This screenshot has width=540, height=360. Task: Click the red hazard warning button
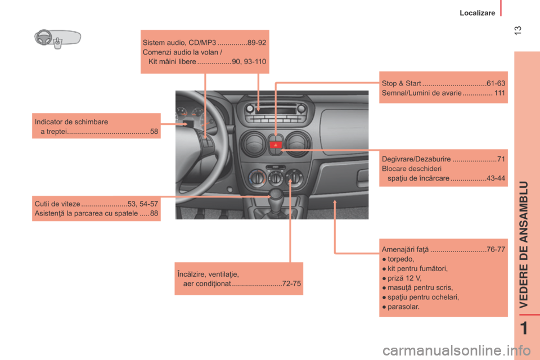[276, 145]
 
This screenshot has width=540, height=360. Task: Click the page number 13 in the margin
[517, 30]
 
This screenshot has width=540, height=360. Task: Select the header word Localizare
[478, 13]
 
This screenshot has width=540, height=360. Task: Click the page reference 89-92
[256, 43]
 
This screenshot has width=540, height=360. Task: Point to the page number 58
[154, 132]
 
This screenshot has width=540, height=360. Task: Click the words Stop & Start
[401, 83]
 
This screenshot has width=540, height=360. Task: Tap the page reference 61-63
[496, 83]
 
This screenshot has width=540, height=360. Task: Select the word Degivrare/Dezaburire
[416, 159]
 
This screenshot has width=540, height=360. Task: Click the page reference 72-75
[291, 284]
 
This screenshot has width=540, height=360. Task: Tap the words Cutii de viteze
[57, 204]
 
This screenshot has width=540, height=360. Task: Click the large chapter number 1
[524, 328]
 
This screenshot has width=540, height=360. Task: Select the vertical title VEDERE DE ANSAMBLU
[524, 245]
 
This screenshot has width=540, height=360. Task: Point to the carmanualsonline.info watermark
[456, 350]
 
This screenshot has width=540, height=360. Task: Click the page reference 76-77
[496, 249]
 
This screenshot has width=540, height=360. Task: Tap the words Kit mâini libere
[172, 62]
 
